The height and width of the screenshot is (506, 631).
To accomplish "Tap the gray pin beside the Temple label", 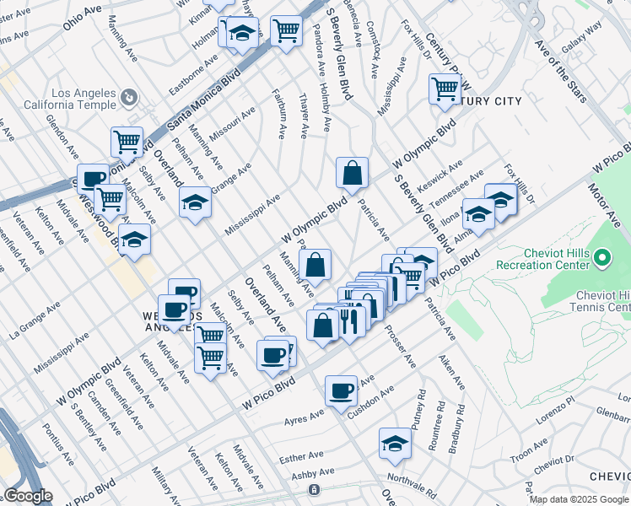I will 129,99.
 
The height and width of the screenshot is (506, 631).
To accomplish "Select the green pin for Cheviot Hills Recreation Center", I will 602,256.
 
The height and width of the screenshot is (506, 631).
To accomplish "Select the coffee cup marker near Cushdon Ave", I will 341,391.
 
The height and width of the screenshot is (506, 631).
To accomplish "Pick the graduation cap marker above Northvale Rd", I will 394,441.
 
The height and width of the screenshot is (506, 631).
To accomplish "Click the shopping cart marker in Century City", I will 445,88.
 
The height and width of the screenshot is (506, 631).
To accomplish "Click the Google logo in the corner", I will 27,496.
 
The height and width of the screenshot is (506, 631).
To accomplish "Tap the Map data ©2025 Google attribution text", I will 580,499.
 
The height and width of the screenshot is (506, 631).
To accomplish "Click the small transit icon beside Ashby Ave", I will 314,489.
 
